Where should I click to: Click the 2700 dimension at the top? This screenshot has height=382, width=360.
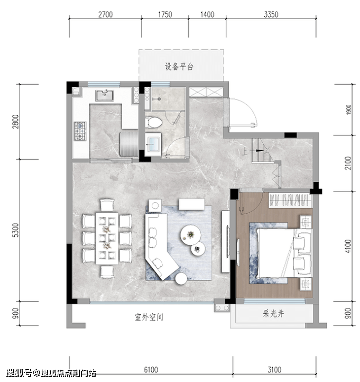[x=105, y=15]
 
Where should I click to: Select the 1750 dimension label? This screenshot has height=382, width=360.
[x=165, y=15]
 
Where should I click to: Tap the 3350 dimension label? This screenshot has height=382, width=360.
[x=271, y=15]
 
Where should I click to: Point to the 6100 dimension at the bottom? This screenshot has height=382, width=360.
[x=151, y=370]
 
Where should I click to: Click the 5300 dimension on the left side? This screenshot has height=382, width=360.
[x=15, y=230]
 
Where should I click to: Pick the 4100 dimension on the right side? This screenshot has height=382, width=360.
[x=348, y=246]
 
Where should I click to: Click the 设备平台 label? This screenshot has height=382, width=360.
[x=179, y=67]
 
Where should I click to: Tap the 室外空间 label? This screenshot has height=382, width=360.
[x=149, y=317]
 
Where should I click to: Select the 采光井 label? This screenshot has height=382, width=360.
[x=273, y=314]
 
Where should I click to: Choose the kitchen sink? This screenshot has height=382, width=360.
[x=105, y=95]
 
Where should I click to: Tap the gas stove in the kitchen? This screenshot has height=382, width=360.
[x=80, y=131]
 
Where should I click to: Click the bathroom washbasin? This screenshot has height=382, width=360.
[x=153, y=144]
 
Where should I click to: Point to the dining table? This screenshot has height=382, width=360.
[x=107, y=238]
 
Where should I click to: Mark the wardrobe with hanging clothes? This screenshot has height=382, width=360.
[x=290, y=200]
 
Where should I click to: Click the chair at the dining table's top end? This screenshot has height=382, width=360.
[x=107, y=205]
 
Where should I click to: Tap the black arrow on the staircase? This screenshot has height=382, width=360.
[x=259, y=151]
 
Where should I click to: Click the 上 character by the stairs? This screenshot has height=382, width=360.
[x=244, y=151]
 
